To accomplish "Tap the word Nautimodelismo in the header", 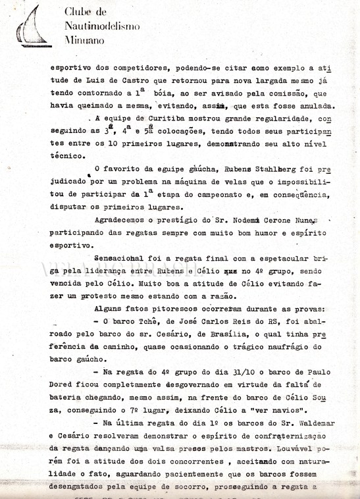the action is (98, 26).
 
